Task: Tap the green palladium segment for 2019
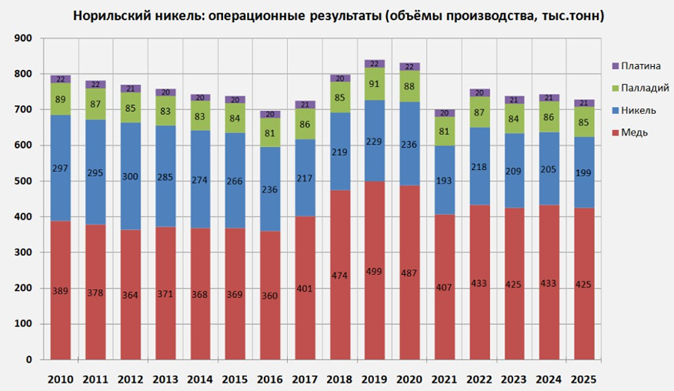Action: pyautogui.click(x=374, y=84)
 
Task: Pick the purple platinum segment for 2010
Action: pyautogui.click(x=60, y=79)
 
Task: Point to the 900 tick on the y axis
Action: pyautogui.click(x=23, y=38)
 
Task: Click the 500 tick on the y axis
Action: pyautogui.click(x=23, y=182)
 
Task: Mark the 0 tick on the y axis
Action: pyautogui.click(x=28, y=360)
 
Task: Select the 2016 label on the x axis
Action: pyautogui.click(x=269, y=379)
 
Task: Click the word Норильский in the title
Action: pyautogui.click(x=108, y=15)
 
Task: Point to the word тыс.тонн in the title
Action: pyautogui.click(x=568, y=15)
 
